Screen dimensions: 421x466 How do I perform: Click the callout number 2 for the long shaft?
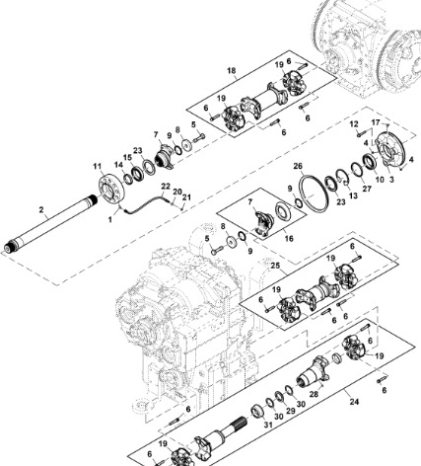(41, 209)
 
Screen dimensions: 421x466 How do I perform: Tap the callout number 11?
(97, 167)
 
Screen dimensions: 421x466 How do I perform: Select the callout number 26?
(298, 167)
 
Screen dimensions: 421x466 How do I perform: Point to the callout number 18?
(232, 71)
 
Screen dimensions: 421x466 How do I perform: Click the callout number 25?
(275, 266)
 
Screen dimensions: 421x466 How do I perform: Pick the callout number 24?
(354, 402)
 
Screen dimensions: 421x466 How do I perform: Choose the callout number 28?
(314, 394)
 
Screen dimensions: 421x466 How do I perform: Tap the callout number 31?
(268, 425)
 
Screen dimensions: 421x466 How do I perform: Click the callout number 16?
(289, 238)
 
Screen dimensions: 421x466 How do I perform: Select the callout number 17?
(376, 122)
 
